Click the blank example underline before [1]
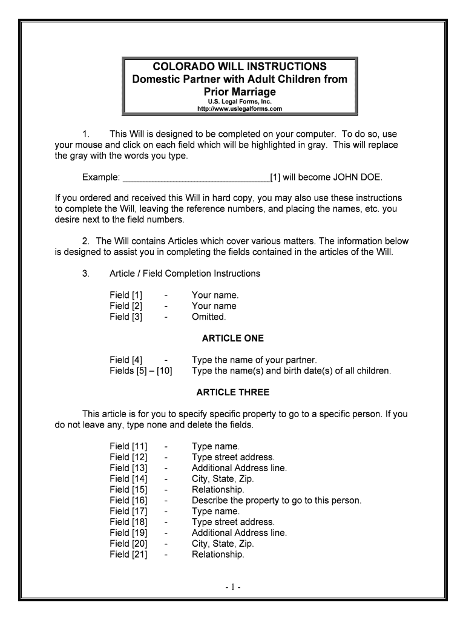tap(196, 177)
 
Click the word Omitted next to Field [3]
tap(208, 317)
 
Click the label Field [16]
tap(128, 500)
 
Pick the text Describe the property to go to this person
tap(276, 500)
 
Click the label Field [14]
tap(128, 478)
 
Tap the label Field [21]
tap(128, 555)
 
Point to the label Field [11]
tap(128, 446)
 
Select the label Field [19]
tap(128, 533)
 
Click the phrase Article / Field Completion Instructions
tap(185, 274)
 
